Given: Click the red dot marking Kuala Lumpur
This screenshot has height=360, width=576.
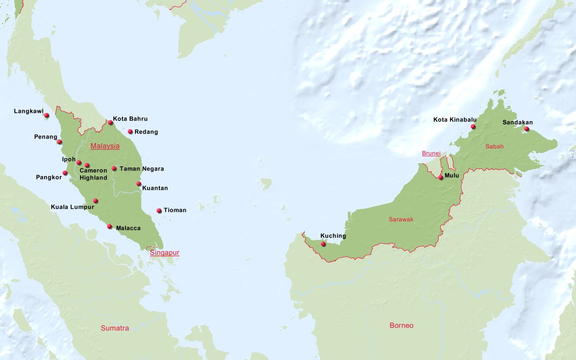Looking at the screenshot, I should pyautogui.click(x=95, y=201).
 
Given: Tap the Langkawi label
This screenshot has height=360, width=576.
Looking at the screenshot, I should pyautogui.click(x=28, y=111).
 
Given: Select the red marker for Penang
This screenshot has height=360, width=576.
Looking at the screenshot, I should pyautogui.click(x=59, y=142).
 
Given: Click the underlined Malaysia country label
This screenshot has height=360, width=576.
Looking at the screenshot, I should pyautogui.click(x=105, y=146).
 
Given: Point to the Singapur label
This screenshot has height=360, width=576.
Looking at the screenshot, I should pyautogui.click(x=164, y=253).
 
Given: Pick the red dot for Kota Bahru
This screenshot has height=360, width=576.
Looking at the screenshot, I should pyautogui.click(x=110, y=122).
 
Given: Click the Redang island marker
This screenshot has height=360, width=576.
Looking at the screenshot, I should pyautogui.click(x=130, y=132).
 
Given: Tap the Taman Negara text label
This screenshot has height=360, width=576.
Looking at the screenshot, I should pyautogui.click(x=141, y=169).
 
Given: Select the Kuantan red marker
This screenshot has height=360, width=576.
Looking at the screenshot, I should pyautogui.click(x=139, y=184).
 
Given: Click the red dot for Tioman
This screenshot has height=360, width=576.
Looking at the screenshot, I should pyautogui.click(x=159, y=211).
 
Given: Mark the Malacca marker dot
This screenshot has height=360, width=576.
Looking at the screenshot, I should pyautogui.click(x=109, y=227).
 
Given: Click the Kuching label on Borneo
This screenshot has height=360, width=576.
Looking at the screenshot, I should pyautogui.click(x=333, y=236).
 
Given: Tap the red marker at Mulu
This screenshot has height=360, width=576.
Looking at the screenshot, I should pyautogui.click(x=441, y=177).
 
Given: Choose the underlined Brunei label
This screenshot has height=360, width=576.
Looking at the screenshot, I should pyautogui.click(x=431, y=153).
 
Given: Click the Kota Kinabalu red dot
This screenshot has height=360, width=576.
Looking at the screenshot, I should pyautogui.click(x=473, y=127).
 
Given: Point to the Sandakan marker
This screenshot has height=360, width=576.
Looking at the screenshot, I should pyautogui.click(x=526, y=129).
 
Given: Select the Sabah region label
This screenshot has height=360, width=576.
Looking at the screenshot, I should pyautogui.click(x=495, y=146).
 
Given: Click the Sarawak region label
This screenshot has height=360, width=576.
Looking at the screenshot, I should pyautogui.click(x=401, y=219).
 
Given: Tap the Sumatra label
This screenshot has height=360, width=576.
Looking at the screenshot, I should pyautogui.click(x=115, y=328).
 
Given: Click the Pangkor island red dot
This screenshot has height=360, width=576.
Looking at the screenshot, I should pyautogui.click(x=65, y=173).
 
